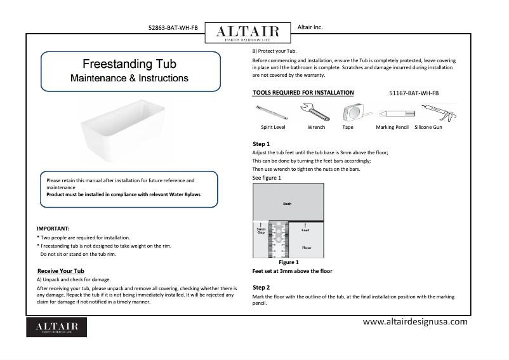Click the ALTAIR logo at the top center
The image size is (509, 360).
click(247, 32)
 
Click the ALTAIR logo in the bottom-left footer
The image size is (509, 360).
click(56, 327)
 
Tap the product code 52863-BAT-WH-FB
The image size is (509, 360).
click(173, 28)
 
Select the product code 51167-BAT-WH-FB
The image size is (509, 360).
click(413, 93)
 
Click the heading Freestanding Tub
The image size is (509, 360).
click(129, 65)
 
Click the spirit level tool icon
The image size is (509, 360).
click(273, 113)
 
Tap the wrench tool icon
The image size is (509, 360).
click(315, 113)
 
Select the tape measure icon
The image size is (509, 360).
click(348, 113)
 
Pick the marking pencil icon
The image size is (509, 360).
click(392, 113)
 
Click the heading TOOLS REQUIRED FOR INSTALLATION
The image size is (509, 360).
click(303, 93)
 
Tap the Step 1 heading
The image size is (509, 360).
click(261, 144)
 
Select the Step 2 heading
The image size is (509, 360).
click(261, 288)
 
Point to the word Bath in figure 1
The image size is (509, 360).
click(288, 204)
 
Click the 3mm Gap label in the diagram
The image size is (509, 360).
click(260, 230)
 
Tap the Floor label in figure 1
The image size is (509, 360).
click(306, 247)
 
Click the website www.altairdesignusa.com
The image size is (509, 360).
click(414, 322)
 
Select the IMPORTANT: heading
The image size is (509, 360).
click(53, 228)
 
